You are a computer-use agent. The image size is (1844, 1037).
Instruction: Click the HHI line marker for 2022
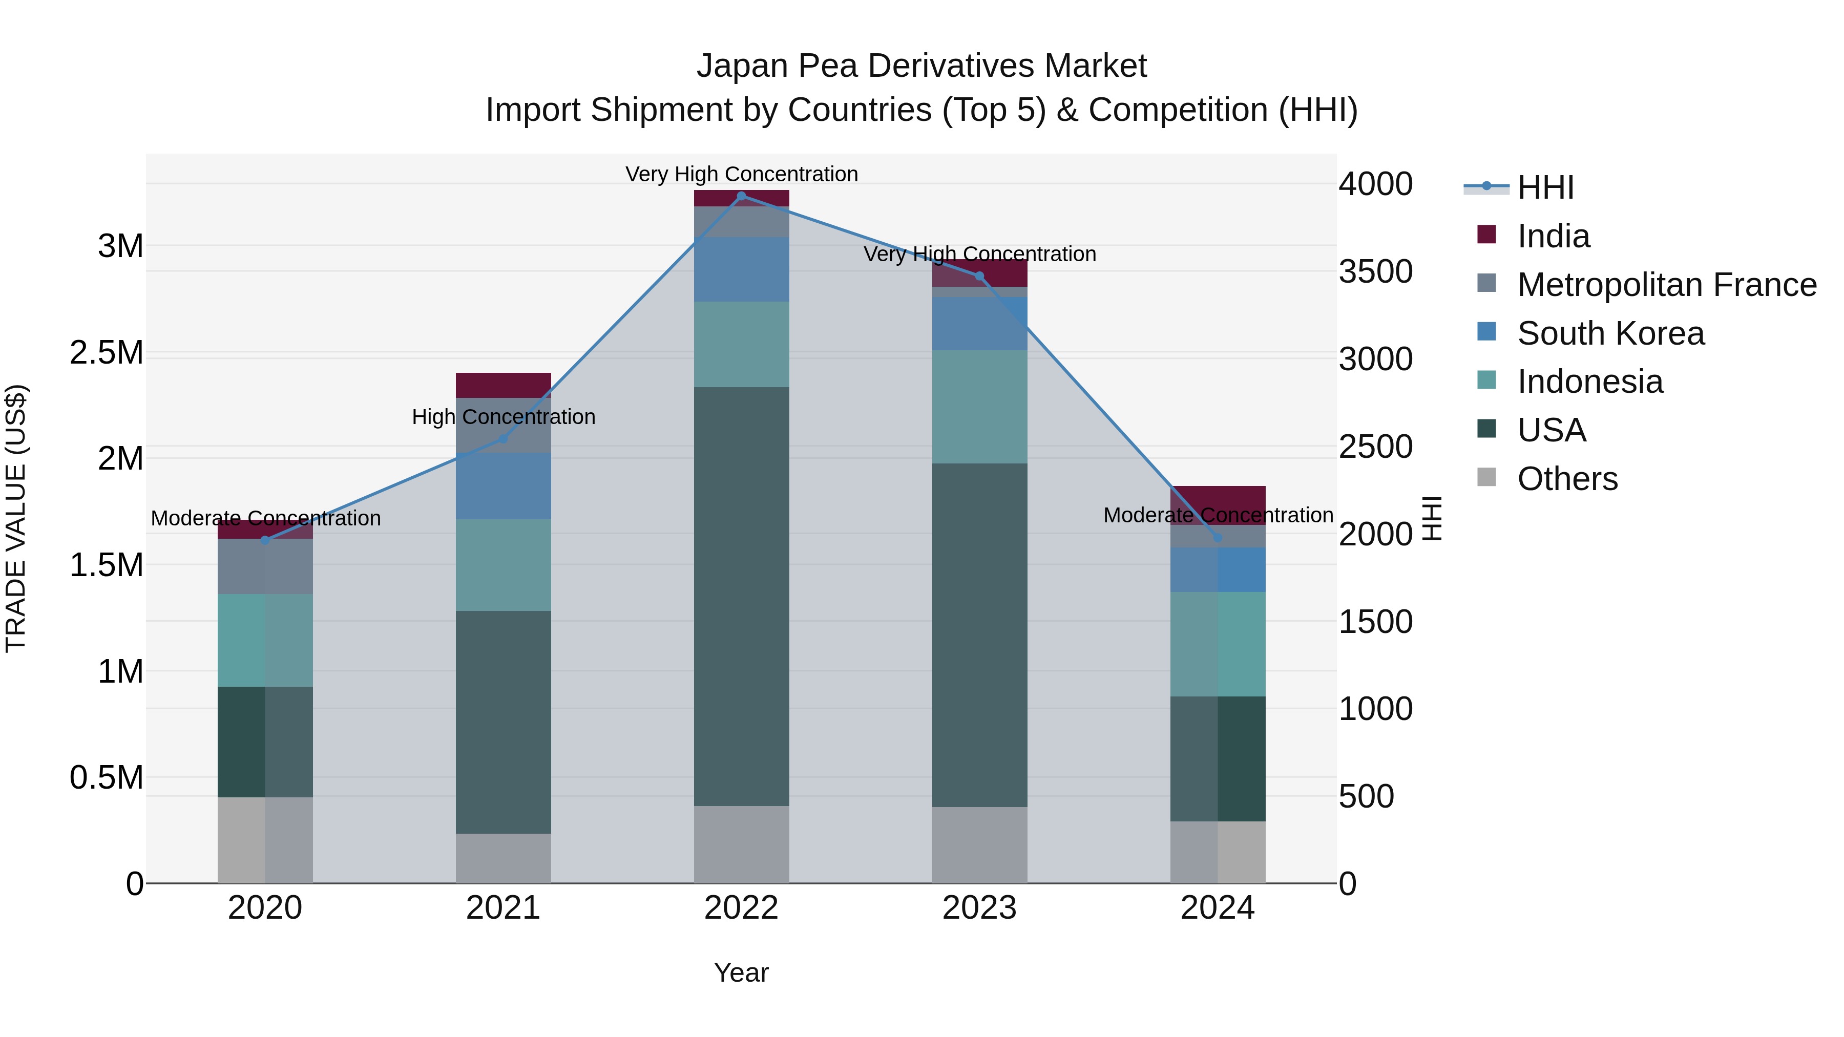pos(742,196)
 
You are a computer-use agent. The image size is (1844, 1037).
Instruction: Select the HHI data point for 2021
pos(502,439)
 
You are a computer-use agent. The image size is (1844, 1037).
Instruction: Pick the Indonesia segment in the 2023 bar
pos(979,407)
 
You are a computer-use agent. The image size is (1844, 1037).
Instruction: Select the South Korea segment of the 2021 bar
pos(503,485)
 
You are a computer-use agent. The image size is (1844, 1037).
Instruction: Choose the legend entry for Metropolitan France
pos(1666,285)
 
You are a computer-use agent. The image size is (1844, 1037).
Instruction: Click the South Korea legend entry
pos(1610,333)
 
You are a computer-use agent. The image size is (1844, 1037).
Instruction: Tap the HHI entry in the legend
pos(1545,187)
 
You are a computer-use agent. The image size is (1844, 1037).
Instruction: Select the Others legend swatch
pos(1487,478)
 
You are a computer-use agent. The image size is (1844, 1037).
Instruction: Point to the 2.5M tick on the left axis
pos(106,353)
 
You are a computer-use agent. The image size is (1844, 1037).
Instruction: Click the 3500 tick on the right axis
pos(1375,272)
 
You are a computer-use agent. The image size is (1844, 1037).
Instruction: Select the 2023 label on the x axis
pos(979,908)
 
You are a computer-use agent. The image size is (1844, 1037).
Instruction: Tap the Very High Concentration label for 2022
pos(742,174)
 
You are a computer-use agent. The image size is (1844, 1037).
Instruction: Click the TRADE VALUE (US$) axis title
pos(16,518)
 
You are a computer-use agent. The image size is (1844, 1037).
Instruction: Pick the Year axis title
pos(741,972)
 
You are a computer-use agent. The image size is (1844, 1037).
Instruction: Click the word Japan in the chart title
pos(742,66)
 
